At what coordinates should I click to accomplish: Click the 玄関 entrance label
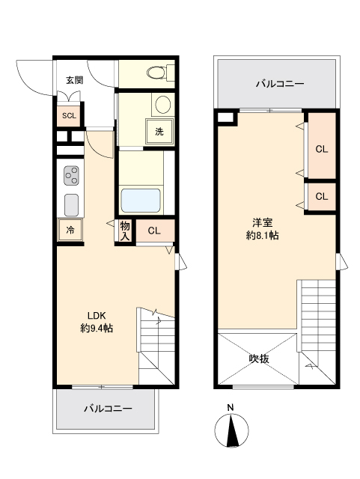click(73, 80)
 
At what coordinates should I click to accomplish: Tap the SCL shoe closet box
click(69, 115)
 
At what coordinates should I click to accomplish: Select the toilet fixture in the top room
click(156, 73)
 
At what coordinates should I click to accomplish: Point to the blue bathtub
click(141, 200)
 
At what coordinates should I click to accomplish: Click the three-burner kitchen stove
click(72, 175)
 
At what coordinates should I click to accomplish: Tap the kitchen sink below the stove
click(72, 204)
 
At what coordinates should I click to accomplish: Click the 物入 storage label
click(125, 231)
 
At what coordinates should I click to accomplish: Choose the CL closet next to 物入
click(153, 231)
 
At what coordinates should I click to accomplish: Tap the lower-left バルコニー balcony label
click(107, 409)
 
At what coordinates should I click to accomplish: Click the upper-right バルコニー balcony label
click(279, 83)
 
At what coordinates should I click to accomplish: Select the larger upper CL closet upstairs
click(321, 149)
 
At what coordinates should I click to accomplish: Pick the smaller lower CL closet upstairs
click(321, 196)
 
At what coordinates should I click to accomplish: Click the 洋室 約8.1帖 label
click(262, 228)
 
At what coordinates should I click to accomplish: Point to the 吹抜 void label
click(259, 358)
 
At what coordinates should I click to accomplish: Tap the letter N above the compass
click(231, 408)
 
